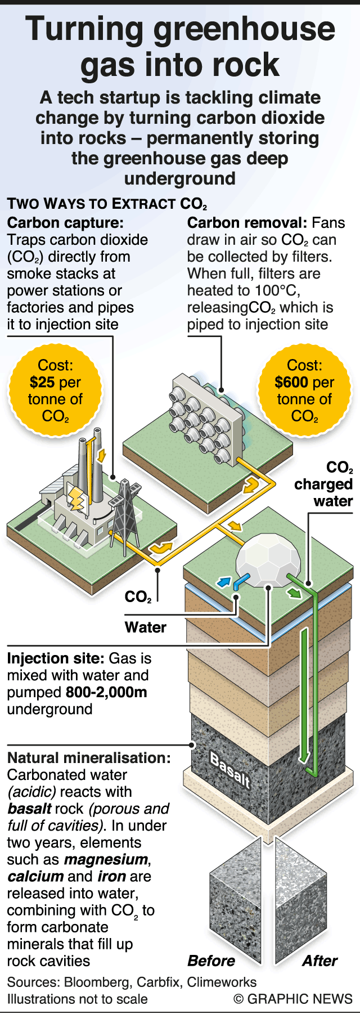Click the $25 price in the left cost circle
(x=42, y=383)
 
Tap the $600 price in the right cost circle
(x=291, y=383)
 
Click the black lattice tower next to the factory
(x=125, y=512)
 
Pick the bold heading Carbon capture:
(x=65, y=223)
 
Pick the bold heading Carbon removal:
(x=247, y=223)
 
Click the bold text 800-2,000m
(x=106, y=692)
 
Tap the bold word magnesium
(x=106, y=859)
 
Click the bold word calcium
(x=35, y=876)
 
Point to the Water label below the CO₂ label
(x=145, y=627)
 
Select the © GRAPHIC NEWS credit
(x=293, y=999)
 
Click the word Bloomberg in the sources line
(x=97, y=982)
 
